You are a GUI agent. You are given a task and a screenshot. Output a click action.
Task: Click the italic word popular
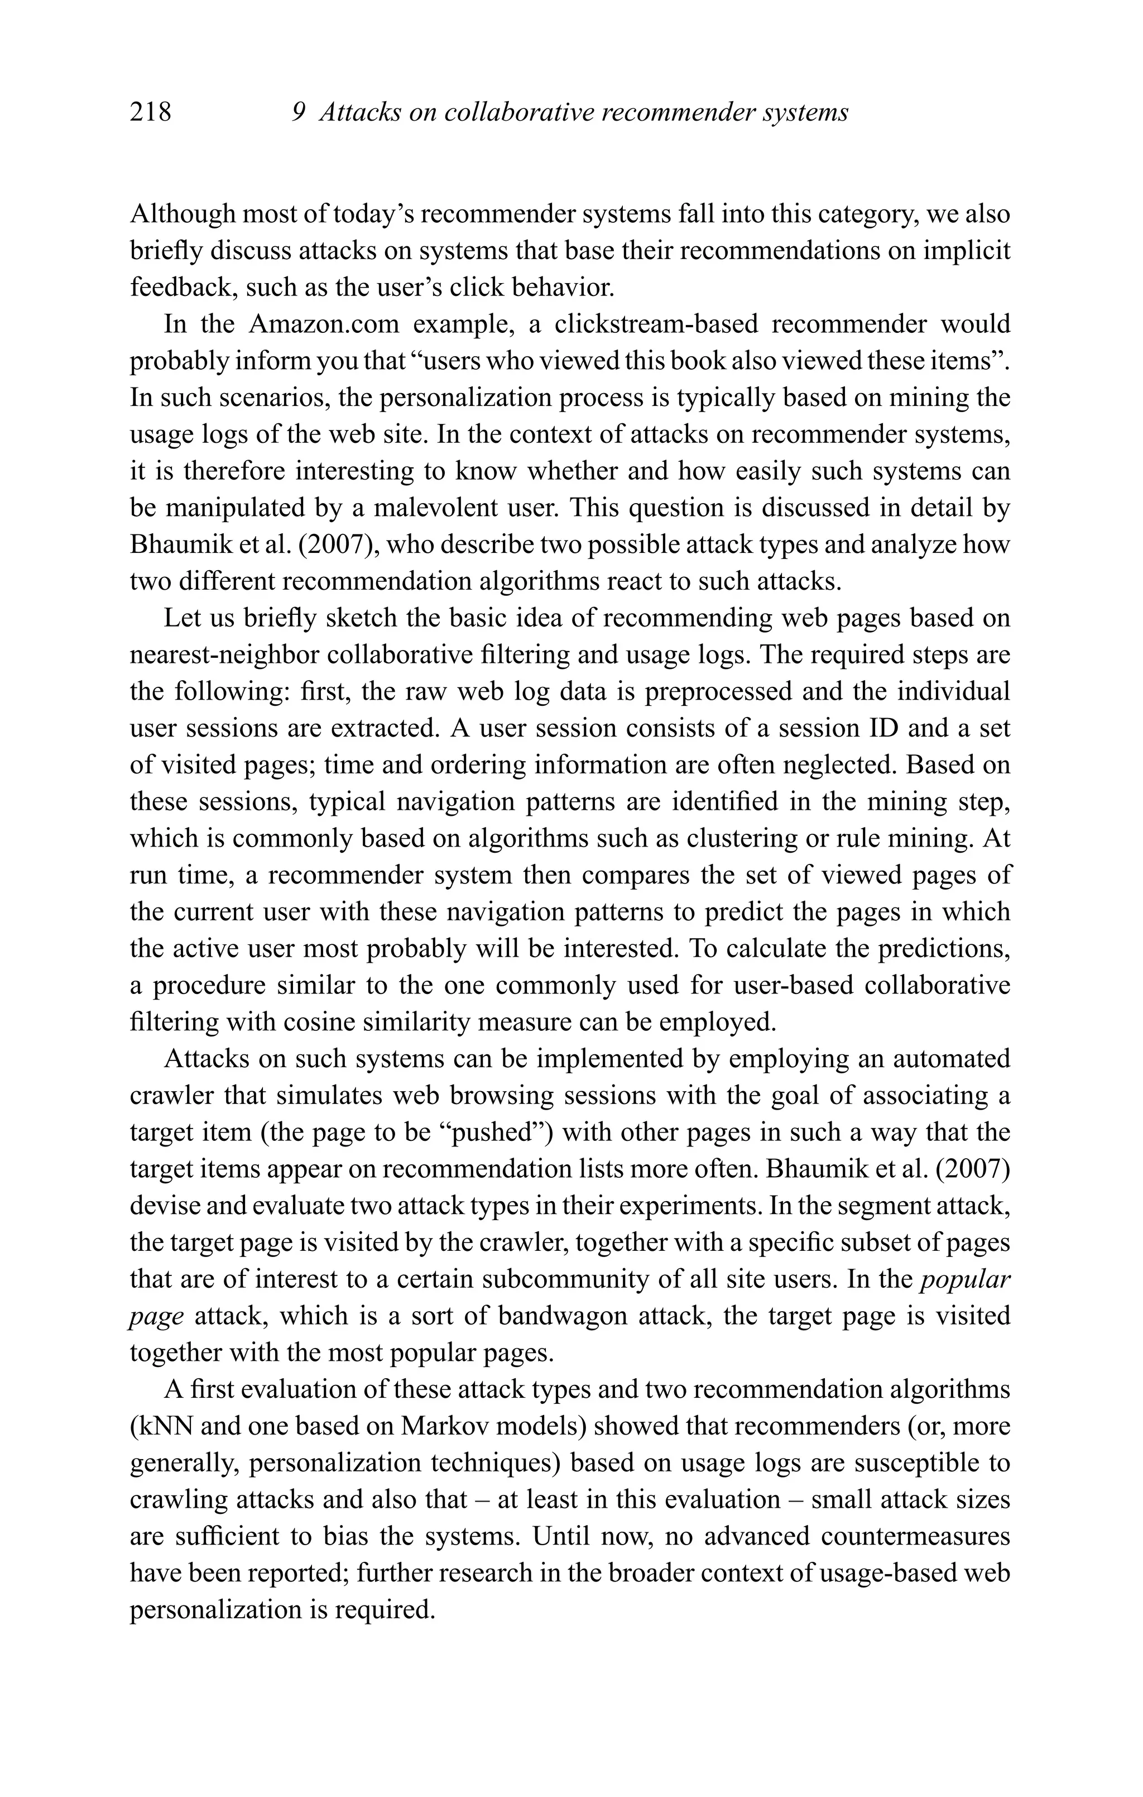coord(966,1280)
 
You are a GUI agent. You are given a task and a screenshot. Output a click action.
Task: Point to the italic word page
coord(156,1316)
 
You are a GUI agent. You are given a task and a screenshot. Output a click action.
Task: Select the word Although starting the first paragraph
coord(181,214)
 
